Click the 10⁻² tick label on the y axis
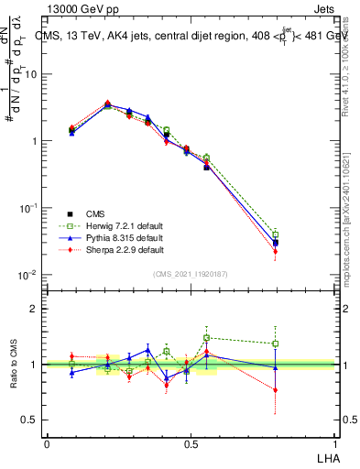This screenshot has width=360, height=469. point(30,275)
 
